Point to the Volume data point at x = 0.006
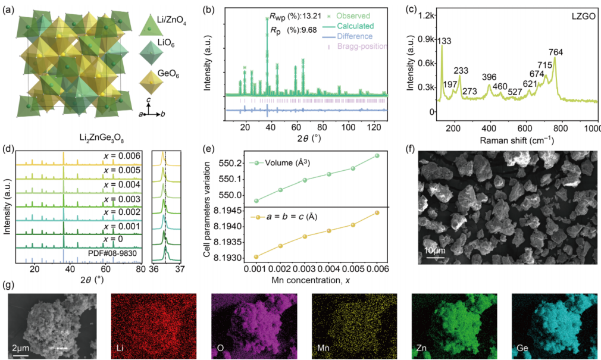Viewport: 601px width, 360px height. tap(377, 156)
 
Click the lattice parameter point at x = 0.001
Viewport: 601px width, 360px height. tap(256, 256)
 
